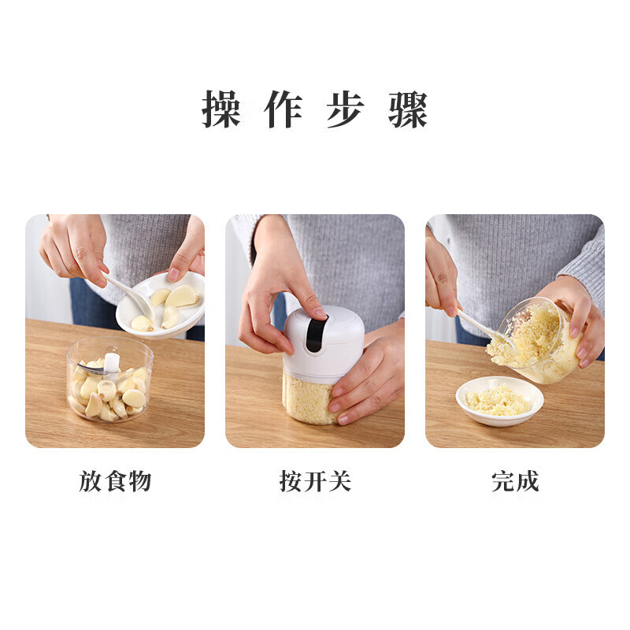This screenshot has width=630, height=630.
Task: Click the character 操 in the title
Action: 221,110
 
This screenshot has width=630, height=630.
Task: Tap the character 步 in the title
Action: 346,110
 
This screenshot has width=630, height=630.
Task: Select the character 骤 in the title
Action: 408,110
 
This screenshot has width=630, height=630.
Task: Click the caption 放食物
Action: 115,481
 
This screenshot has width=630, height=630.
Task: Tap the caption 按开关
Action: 315,481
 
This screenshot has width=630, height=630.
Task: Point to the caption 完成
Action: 515,481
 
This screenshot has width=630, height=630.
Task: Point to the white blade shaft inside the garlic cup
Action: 112,363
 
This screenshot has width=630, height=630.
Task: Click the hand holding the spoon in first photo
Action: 75,248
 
